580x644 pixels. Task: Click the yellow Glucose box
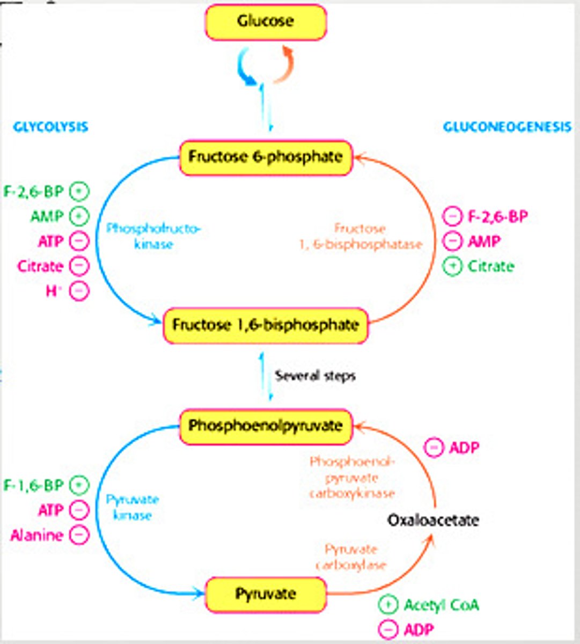[x=265, y=22]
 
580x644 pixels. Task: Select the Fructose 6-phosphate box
[x=266, y=157]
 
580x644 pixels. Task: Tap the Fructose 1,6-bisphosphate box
[x=266, y=325]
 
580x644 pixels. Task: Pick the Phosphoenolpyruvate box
[x=266, y=426]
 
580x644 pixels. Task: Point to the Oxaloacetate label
[x=433, y=520]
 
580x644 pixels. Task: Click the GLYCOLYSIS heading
[x=50, y=127]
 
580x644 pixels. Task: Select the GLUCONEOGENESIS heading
[x=506, y=127]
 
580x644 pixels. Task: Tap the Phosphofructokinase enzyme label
[x=153, y=236]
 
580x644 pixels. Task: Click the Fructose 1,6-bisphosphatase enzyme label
[x=361, y=236]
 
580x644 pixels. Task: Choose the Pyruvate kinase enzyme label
[x=133, y=508]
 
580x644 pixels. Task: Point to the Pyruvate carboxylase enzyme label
[x=351, y=557]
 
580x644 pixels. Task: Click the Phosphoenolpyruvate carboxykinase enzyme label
[x=352, y=478]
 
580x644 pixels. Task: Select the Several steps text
[x=315, y=376]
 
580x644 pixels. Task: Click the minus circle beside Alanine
[x=79, y=535]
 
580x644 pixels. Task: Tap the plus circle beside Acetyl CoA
[x=388, y=605]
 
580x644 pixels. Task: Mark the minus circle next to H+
[x=79, y=291]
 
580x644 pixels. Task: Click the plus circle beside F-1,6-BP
[x=79, y=485]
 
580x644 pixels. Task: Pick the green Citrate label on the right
[x=491, y=266]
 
